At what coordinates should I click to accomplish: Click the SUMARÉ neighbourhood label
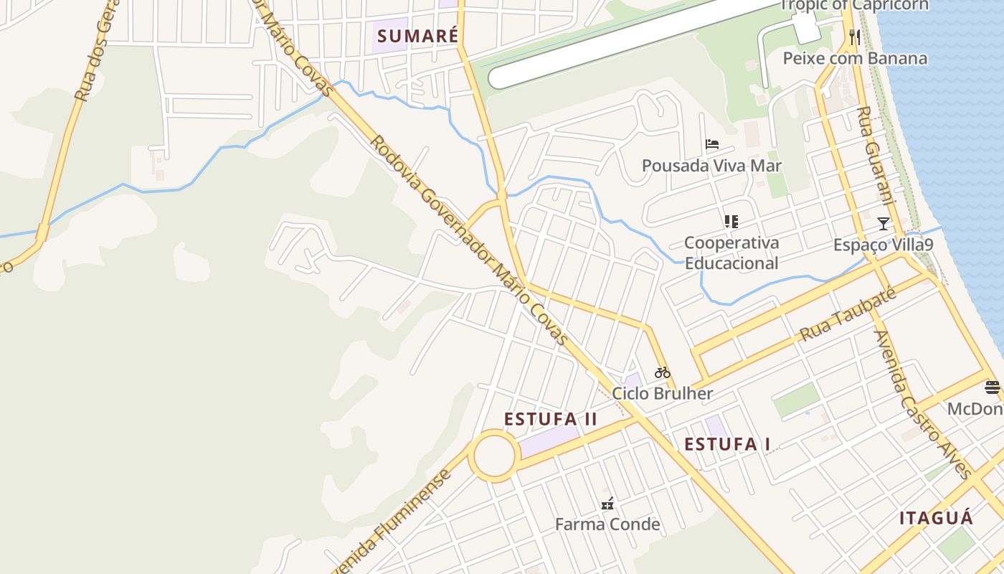coord(417,36)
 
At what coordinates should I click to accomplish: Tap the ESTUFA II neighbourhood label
coord(550,419)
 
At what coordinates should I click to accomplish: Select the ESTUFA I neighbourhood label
coord(727,444)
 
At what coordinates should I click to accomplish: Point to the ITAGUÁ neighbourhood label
coord(936,518)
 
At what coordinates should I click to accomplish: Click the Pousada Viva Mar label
coord(711,166)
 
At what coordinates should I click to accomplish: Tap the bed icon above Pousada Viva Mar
coord(711,144)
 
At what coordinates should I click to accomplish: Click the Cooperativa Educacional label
coord(731,253)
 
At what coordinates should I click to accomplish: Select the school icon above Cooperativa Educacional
coord(731,221)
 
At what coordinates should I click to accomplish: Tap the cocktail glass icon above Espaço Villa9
coord(884,224)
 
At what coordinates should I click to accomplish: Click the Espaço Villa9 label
coord(883,245)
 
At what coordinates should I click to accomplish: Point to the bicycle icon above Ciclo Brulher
coord(663,372)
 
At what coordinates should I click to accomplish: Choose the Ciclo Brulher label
coord(662,393)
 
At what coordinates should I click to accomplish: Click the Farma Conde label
coord(607,524)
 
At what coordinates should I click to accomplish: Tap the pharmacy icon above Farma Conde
coord(607,503)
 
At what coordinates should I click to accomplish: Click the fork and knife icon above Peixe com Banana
coord(854,37)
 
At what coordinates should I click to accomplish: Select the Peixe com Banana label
coord(855,58)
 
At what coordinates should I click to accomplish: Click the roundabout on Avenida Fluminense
coord(494,456)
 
